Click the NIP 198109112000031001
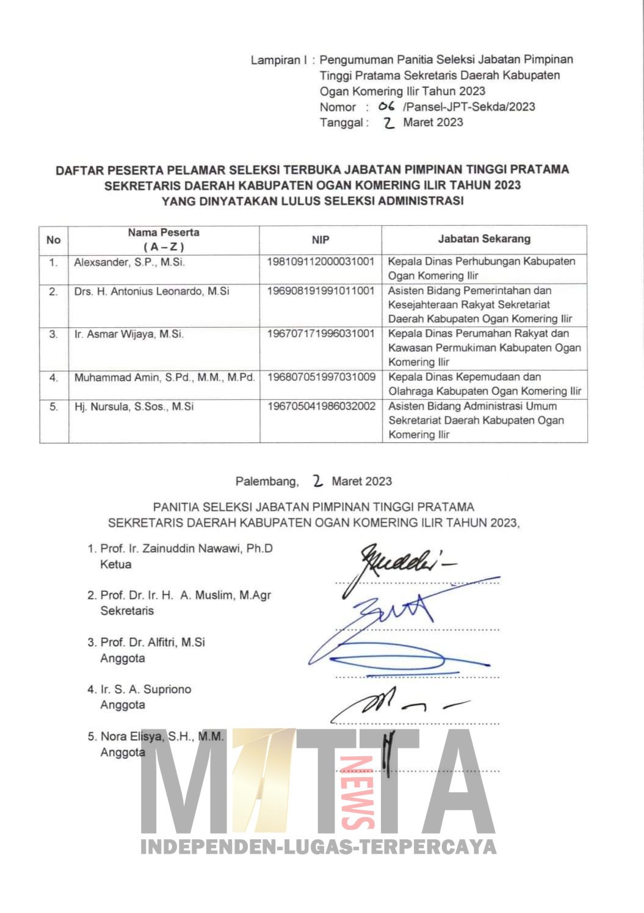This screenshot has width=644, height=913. pyautogui.click(x=320, y=261)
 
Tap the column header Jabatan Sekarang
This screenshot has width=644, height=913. pyautogui.click(x=484, y=239)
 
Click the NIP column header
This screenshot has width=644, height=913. pyautogui.click(x=320, y=240)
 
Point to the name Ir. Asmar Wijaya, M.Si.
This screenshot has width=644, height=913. pyautogui.click(x=129, y=334)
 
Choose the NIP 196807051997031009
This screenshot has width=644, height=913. pyautogui.click(x=320, y=377)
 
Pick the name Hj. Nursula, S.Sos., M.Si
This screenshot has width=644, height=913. pyautogui.click(x=134, y=406)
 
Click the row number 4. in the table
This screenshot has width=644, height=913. pyautogui.click(x=54, y=378)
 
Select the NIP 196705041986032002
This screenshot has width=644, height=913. pyautogui.click(x=320, y=406)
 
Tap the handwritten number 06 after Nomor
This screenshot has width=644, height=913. pyautogui.click(x=386, y=106)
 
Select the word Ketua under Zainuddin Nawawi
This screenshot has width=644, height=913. pyautogui.click(x=115, y=565)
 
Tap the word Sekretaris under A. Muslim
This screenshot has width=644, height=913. pyautogui.click(x=127, y=611)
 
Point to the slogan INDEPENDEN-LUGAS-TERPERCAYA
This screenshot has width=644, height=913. pyautogui.click(x=319, y=846)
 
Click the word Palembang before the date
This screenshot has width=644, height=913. pyautogui.click(x=267, y=482)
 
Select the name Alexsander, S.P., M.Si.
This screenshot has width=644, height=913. pyautogui.click(x=129, y=262)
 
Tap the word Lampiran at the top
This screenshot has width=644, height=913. pyautogui.click(x=276, y=60)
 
